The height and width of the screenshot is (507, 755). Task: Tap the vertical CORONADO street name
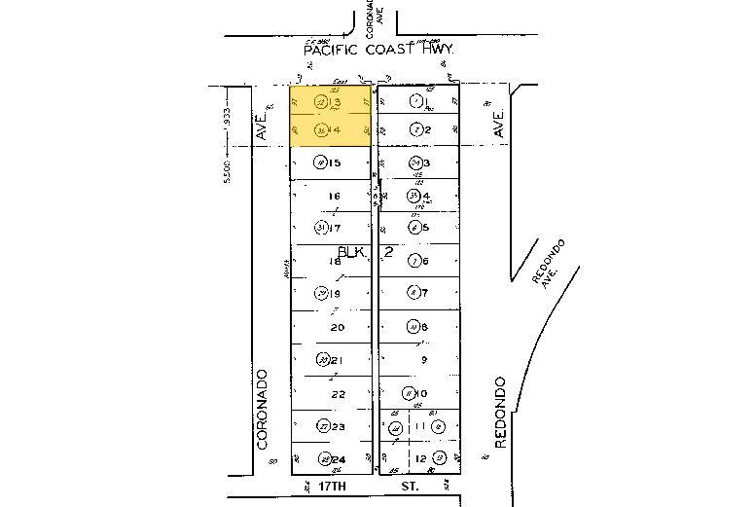(x=262, y=408)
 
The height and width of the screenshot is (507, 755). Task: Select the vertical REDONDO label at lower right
(x=500, y=412)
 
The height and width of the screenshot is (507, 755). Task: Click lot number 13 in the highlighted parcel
(x=336, y=102)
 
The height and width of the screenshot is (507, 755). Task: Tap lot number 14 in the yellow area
(x=336, y=130)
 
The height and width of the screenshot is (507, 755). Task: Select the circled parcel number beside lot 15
(x=318, y=163)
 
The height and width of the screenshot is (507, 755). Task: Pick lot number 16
(x=334, y=196)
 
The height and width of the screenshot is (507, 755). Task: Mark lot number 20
(x=338, y=328)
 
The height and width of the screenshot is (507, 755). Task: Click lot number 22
(x=338, y=394)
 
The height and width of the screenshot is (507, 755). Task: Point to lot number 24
(x=339, y=459)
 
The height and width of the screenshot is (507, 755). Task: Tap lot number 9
(x=423, y=359)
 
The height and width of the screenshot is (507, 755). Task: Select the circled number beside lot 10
(x=409, y=393)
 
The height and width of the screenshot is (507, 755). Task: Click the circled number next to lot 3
(x=414, y=163)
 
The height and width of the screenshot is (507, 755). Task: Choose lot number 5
(x=426, y=228)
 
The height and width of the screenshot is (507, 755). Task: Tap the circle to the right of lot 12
(x=440, y=457)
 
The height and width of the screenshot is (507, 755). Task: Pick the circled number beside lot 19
(x=321, y=294)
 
